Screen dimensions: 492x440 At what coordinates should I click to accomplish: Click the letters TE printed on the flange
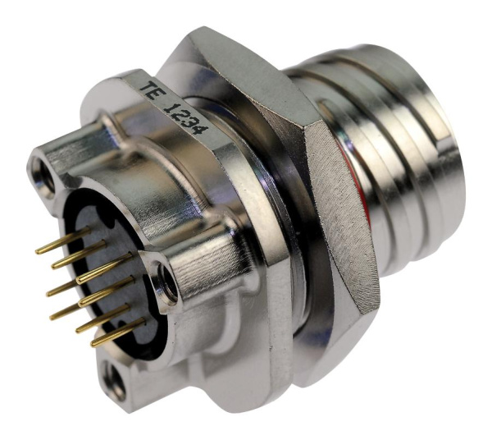click(153, 91)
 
